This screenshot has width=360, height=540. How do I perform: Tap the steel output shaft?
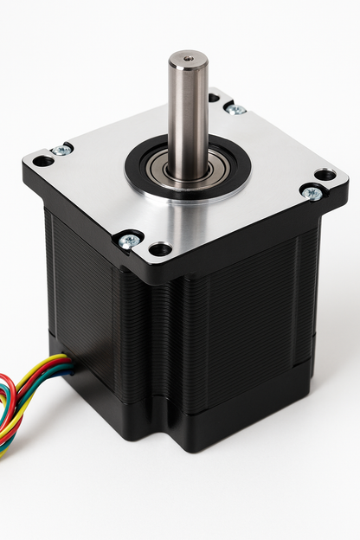tap(188, 112)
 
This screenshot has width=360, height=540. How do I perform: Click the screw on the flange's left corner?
tap(61, 151)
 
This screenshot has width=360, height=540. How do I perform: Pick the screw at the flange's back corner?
tap(235, 109)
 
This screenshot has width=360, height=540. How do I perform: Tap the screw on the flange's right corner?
tap(312, 193)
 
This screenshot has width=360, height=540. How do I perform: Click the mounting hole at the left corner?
tap(42, 161)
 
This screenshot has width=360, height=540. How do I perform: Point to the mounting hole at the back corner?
tap(214, 98)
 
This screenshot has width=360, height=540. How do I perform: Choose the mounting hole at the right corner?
tap(325, 175)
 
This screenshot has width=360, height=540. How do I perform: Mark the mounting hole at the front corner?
tap(160, 250)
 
